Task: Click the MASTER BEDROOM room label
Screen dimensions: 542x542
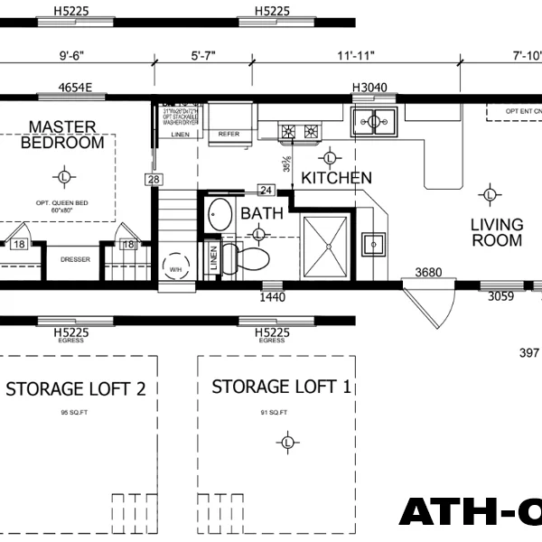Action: tap(62, 135)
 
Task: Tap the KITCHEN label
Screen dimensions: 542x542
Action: tap(336, 178)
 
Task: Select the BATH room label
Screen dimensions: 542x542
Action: tap(262, 214)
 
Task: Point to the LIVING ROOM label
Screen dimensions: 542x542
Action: tap(497, 232)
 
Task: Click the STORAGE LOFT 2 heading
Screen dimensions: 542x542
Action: tap(76, 389)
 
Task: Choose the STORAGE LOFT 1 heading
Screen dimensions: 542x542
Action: tap(281, 388)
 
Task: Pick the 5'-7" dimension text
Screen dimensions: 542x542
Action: tap(204, 55)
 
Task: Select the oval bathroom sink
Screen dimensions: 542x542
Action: tap(220, 215)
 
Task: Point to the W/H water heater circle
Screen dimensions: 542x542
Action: tap(174, 267)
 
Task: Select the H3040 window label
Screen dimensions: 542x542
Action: tap(369, 88)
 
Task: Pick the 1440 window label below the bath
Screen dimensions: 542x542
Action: tap(272, 296)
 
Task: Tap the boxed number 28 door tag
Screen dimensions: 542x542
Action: tap(154, 181)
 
